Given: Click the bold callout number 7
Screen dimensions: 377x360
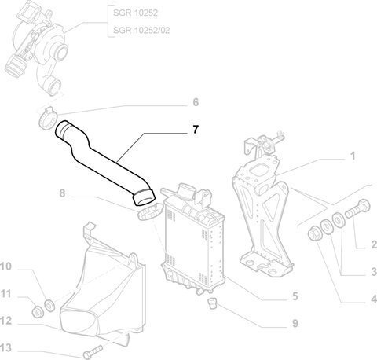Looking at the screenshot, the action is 196,130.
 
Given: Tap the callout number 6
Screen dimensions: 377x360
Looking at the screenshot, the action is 196,102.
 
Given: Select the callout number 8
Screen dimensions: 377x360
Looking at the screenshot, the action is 62,193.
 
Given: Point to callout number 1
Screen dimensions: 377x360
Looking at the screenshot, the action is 353,156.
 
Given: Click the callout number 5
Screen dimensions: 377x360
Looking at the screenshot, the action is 295,296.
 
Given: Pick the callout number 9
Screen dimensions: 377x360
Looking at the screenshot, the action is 295,323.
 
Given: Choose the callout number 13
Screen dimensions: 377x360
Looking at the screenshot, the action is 5,348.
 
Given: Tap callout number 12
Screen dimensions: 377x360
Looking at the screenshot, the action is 5,321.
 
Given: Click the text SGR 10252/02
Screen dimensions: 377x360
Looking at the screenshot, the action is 141,30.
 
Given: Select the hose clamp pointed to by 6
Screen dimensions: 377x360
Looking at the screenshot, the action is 48,119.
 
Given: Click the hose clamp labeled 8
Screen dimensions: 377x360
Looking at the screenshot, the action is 150,212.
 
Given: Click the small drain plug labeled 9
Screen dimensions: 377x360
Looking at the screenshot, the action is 213,303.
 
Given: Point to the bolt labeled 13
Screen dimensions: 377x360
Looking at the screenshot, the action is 93,352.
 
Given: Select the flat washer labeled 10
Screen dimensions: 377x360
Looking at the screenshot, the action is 49,305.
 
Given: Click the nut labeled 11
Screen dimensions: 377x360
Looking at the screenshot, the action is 37,311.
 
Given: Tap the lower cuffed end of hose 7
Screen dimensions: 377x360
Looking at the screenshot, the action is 144,197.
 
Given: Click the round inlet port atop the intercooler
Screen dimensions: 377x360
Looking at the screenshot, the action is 186,190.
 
